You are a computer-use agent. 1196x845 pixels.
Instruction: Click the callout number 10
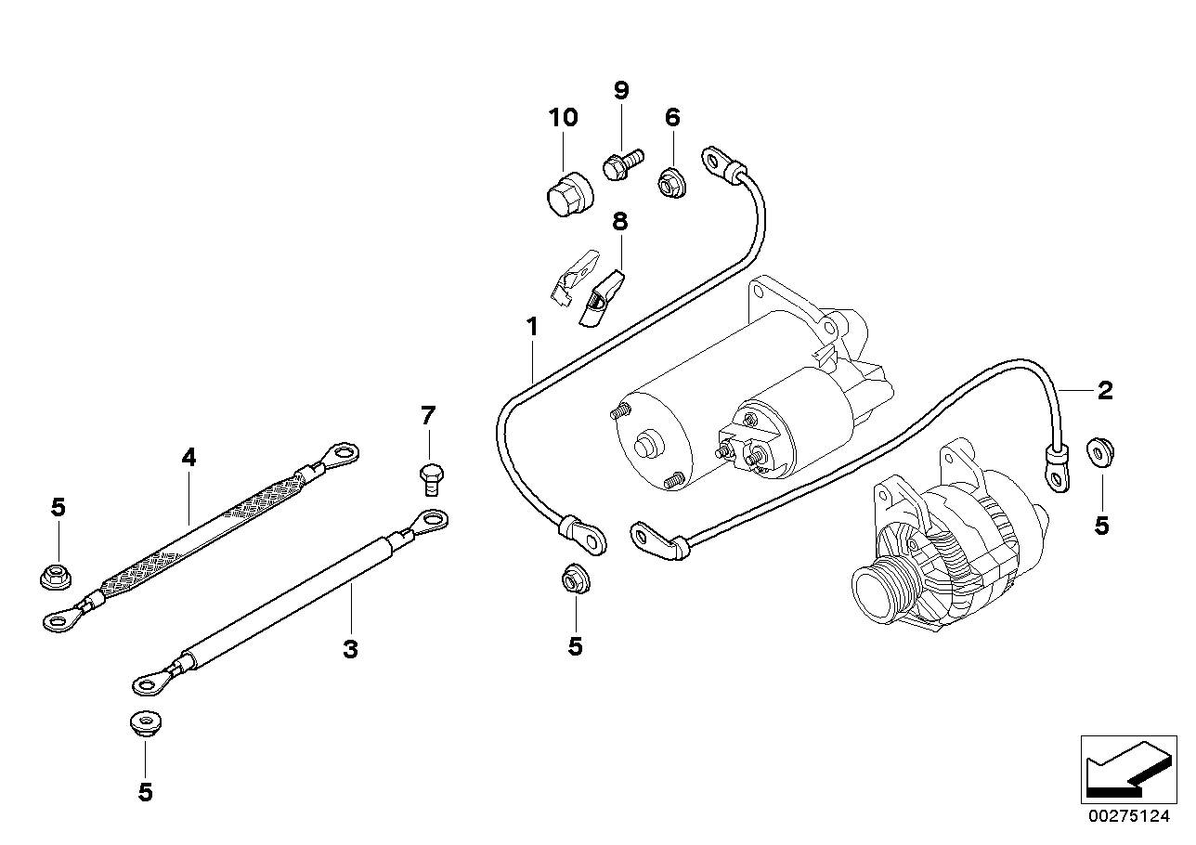point(563,118)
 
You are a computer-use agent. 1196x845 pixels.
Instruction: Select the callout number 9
point(621,90)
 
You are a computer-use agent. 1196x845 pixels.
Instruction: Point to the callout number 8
point(619,222)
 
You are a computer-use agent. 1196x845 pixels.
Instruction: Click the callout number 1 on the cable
point(532,327)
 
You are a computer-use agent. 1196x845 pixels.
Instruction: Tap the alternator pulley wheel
point(882,591)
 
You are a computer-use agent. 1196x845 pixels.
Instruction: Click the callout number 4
point(188,457)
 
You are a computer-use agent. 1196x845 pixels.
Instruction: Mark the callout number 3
point(350,649)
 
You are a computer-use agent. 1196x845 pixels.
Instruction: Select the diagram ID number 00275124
point(1131,817)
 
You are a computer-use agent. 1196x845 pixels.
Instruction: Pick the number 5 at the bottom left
point(145,792)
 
